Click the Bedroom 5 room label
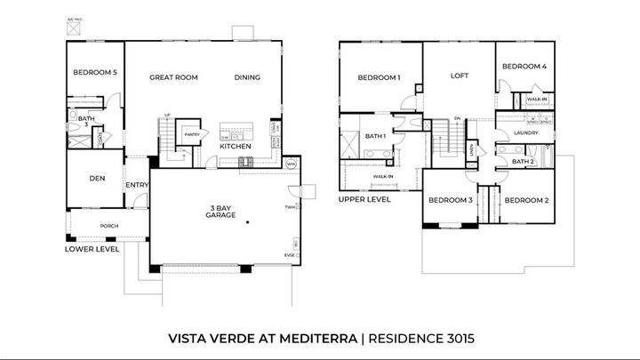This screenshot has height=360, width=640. tap(94, 72)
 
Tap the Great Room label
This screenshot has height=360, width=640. tap(173, 77)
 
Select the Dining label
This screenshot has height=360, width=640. tap(247, 77)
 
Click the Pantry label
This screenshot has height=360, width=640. tap(191, 134)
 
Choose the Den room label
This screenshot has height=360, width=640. tap(98, 178)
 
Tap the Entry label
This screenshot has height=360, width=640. tap(137, 185)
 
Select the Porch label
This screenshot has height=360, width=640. tap(108, 226)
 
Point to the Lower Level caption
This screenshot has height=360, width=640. tap(92, 250)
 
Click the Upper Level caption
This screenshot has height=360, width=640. tap(364, 200)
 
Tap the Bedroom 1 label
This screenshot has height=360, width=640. tap(379, 77)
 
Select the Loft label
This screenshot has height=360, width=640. tap(459, 76)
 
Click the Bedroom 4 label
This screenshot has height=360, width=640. tap(524, 67)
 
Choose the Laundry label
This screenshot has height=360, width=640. tap(526, 133)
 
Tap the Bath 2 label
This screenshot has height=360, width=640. tap(523, 162)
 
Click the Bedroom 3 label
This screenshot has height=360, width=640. tap(450, 200)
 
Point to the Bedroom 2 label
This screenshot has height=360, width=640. tap(527, 200)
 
